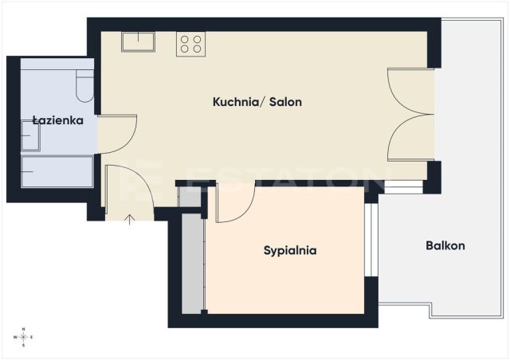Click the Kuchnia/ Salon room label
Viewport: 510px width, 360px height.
pyautogui.click(x=257, y=102)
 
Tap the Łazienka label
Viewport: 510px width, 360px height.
pyautogui.click(x=58, y=120)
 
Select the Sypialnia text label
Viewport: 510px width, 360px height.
pyautogui.click(x=290, y=250)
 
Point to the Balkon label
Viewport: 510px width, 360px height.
pyautogui.click(x=445, y=245)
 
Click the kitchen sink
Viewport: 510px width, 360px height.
pyautogui.click(x=138, y=41)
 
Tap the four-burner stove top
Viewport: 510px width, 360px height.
pyautogui.click(x=191, y=44)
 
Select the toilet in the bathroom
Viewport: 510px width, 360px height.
pyautogui.click(x=85, y=86)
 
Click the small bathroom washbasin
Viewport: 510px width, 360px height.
pyautogui.click(x=30, y=135)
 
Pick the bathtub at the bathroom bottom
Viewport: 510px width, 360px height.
pyautogui.click(x=57, y=172)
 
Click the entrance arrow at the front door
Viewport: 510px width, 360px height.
pyautogui.click(x=130, y=220)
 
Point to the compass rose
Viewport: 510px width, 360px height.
pyautogui.click(x=23, y=337)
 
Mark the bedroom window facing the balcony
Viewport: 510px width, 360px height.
pyautogui.click(x=371, y=240)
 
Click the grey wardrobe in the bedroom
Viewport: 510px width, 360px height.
pyautogui.click(x=193, y=264)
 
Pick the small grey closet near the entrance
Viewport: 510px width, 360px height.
pyautogui.click(x=190, y=197)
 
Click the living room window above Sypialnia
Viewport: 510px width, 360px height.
pyautogui.click(x=403, y=187)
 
